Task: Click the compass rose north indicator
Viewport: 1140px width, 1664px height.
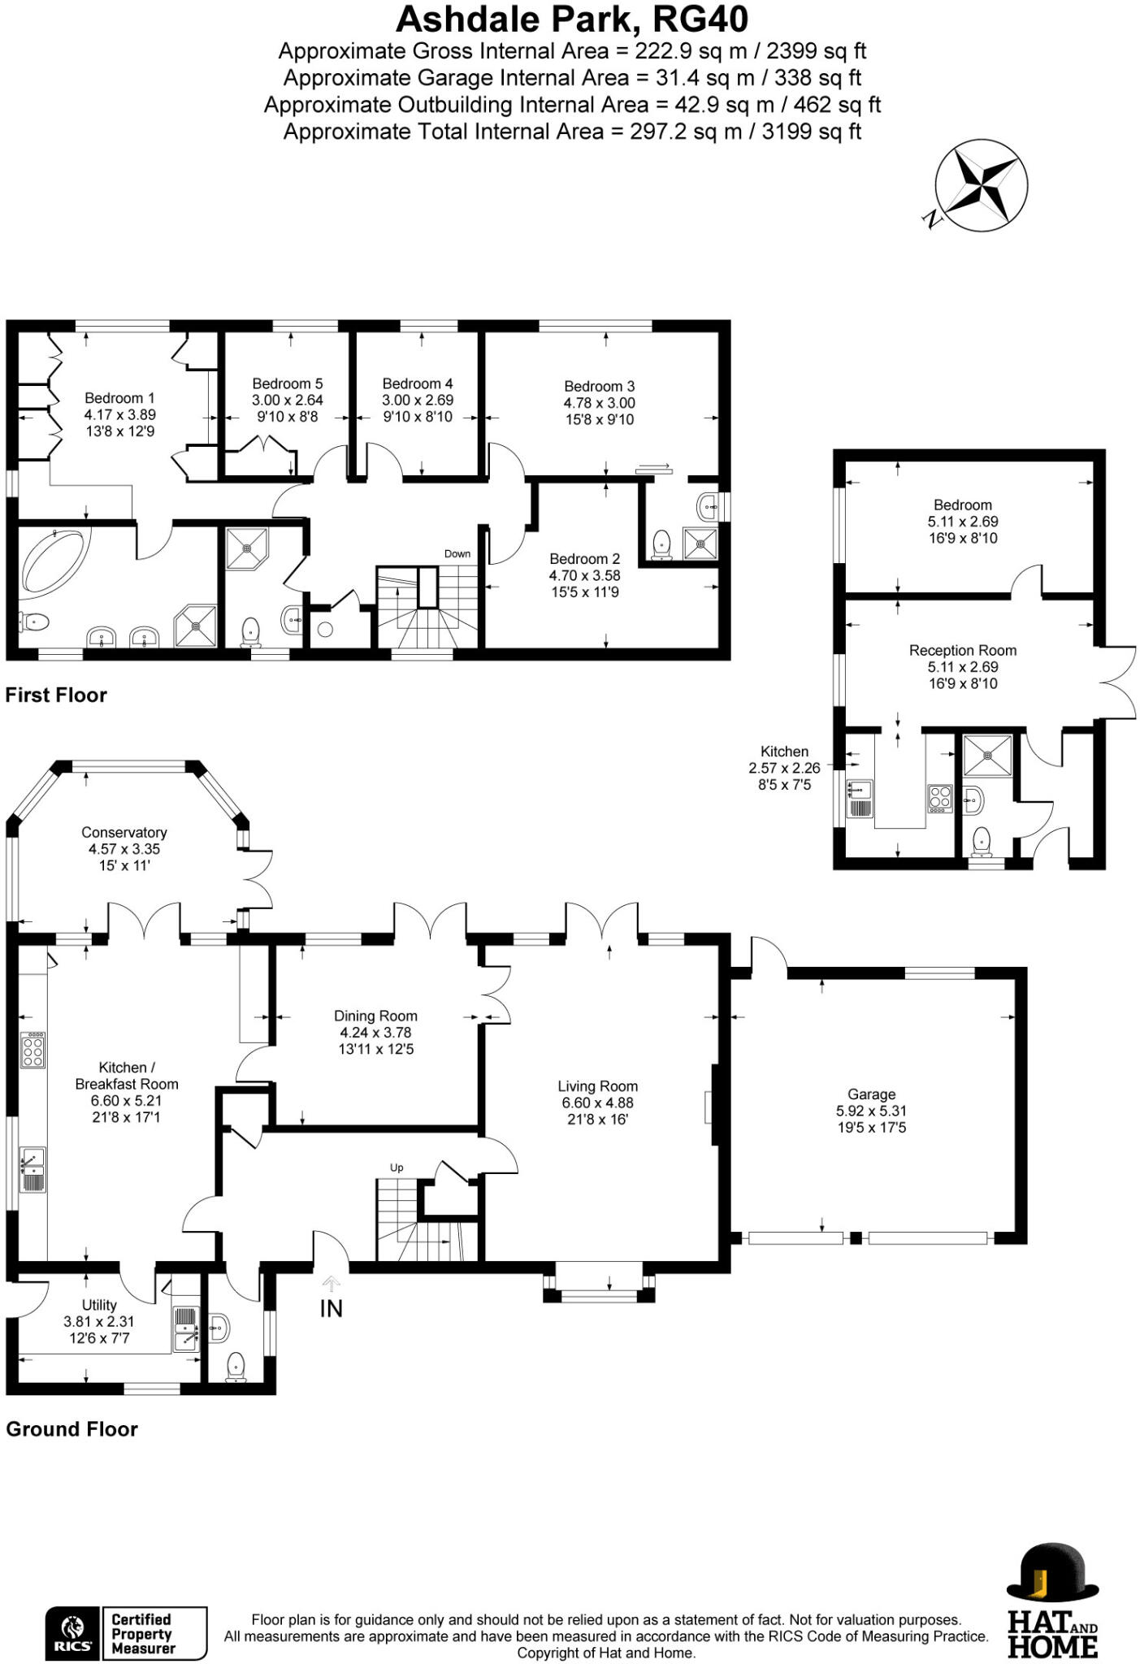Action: tap(931, 219)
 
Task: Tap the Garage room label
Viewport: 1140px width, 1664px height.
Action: tap(871, 1094)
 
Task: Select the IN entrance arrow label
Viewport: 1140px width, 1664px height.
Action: tap(331, 1308)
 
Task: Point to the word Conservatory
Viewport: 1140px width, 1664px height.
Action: tap(124, 832)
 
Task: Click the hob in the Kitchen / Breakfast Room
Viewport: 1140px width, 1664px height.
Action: tap(33, 1050)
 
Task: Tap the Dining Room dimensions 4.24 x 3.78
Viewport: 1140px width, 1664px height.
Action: tap(375, 1033)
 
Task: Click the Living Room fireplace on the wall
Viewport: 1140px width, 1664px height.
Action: tap(709, 1107)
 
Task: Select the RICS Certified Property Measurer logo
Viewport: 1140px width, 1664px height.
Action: tap(126, 1633)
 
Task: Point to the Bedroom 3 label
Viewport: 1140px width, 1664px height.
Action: tap(599, 386)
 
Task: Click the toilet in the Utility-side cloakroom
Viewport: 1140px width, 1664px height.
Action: tap(236, 1365)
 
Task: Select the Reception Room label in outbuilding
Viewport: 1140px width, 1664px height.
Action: tap(962, 650)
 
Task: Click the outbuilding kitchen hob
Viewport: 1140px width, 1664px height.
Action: tap(939, 798)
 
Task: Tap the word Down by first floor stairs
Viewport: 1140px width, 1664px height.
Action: tap(457, 553)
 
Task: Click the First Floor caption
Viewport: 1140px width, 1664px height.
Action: tap(56, 695)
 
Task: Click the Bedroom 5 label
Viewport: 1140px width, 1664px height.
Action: tap(287, 383)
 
